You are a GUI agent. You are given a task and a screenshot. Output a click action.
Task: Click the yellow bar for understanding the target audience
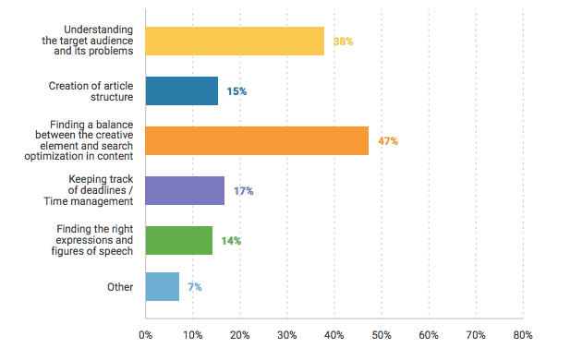pyautogui.click(x=235, y=42)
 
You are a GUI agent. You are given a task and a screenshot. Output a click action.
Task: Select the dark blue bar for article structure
pyautogui.click(x=181, y=91)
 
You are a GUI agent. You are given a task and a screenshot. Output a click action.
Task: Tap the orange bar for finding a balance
pyautogui.click(x=257, y=140)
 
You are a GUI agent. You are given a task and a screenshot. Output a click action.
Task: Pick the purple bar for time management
pyautogui.click(x=185, y=190)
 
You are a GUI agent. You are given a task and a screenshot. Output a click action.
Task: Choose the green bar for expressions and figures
pyautogui.click(x=178, y=240)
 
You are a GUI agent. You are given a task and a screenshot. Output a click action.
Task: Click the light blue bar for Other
pyautogui.click(x=162, y=287)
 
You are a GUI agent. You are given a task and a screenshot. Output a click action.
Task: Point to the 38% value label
pyautogui.click(x=343, y=42)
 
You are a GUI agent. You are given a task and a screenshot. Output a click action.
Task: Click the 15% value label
pyautogui.click(x=236, y=92)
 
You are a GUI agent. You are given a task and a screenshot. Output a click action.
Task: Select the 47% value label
pyautogui.click(x=387, y=141)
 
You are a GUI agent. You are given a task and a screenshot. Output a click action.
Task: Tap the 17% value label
pyautogui.click(x=243, y=191)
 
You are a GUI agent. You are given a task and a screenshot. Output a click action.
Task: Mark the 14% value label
pyautogui.click(x=231, y=241)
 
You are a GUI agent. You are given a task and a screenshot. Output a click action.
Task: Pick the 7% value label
pyautogui.click(x=194, y=287)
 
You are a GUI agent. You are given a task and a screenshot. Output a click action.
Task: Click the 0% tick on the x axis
pyautogui.click(x=146, y=333)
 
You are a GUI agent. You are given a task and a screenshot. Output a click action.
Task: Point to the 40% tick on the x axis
pyautogui.click(x=334, y=333)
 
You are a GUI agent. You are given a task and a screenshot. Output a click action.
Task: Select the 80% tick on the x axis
pyautogui.click(x=523, y=333)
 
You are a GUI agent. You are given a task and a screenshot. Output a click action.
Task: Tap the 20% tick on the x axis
pyautogui.click(x=240, y=333)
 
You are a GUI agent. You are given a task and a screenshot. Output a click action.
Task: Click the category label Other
pyautogui.click(x=120, y=287)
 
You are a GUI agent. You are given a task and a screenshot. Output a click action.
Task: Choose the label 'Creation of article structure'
pyautogui.click(x=91, y=91)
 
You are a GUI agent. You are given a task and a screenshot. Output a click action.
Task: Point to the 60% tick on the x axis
pyautogui.click(x=429, y=333)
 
